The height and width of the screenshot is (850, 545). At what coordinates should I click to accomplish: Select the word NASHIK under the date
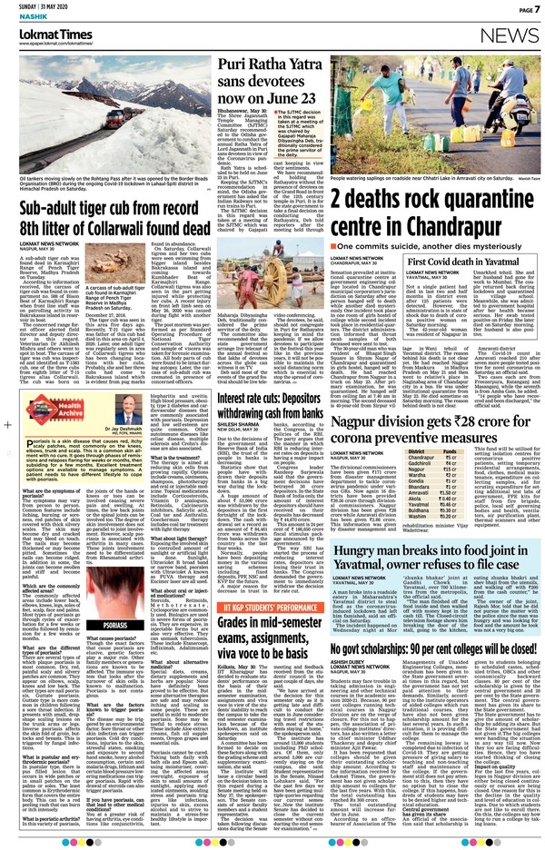18,19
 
